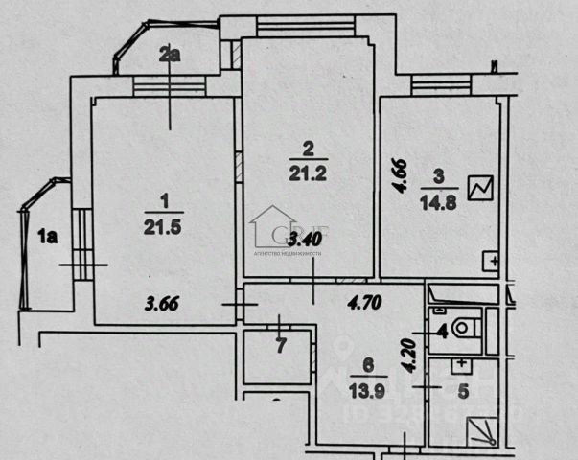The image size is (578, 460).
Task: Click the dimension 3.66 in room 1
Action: click(x=163, y=307)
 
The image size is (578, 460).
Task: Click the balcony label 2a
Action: click(x=171, y=55)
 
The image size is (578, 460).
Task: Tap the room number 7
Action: click(x=281, y=346)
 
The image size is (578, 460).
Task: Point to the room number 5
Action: click(x=463, y=391)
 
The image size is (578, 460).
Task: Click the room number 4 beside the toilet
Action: click(x=442, y=333)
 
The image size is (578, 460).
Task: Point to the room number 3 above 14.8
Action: click(x=439, y=176)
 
